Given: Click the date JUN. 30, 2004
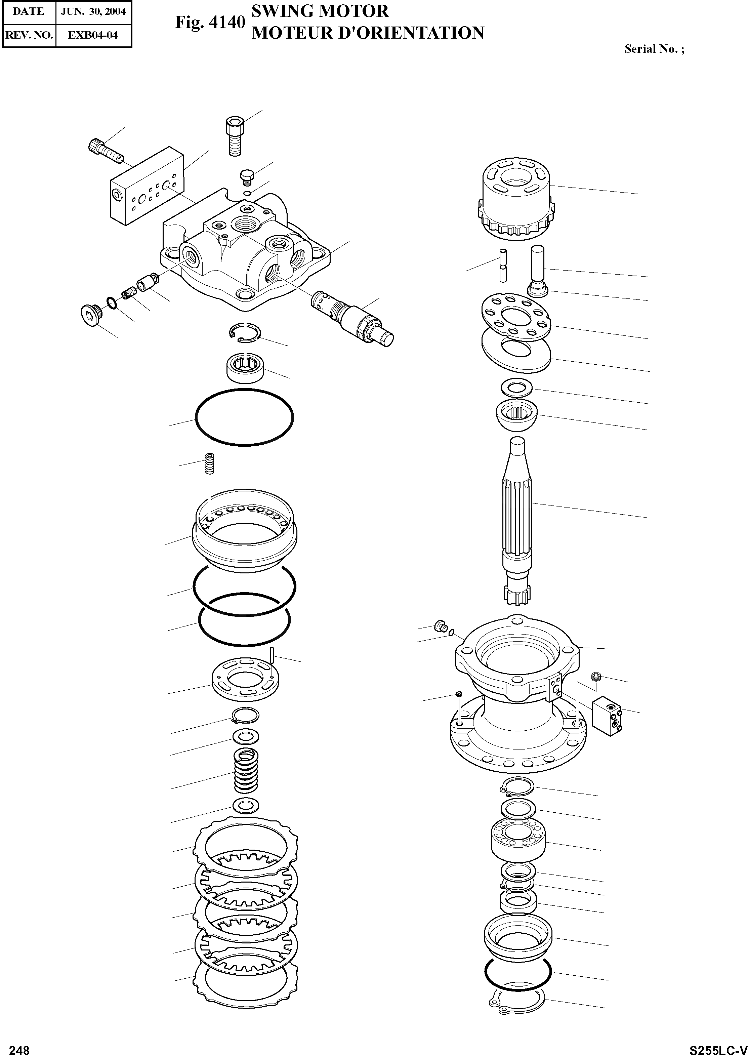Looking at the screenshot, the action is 93,11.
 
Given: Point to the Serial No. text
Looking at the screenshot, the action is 654,49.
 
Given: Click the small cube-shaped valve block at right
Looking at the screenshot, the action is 607,715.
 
